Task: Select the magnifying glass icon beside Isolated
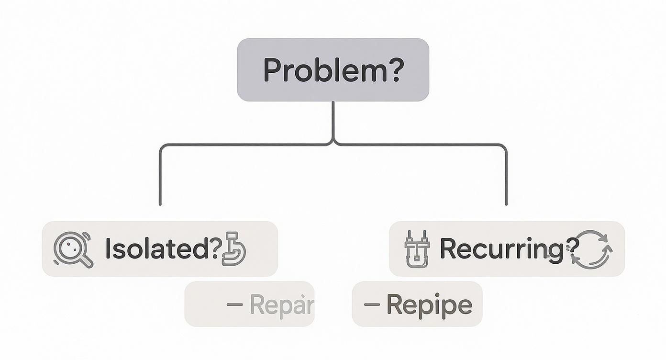73,248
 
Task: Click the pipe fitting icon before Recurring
417,249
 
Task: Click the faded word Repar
281,304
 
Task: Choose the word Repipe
429,304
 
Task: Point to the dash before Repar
234,304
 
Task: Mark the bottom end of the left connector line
160,204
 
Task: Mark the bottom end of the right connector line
506,204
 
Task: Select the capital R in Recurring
450,248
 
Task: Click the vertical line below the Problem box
333,120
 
